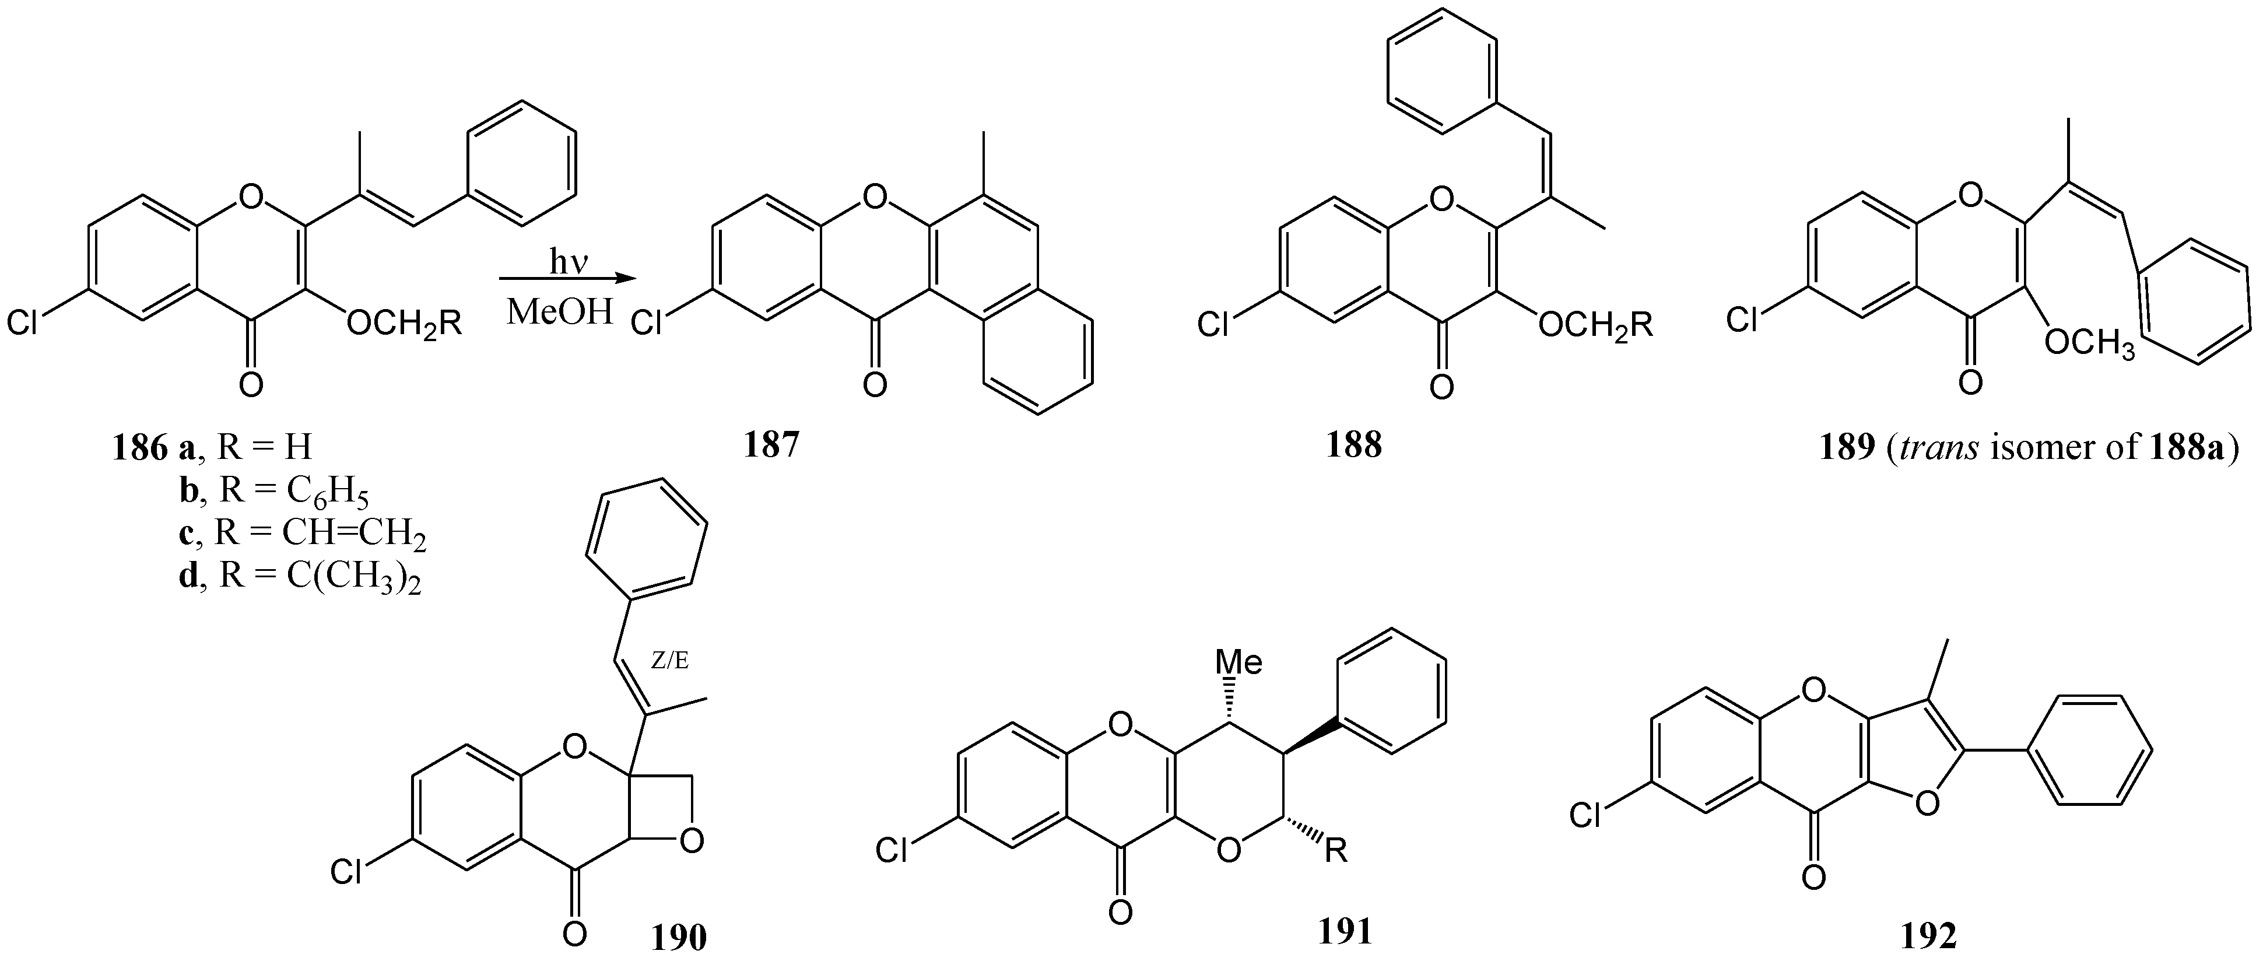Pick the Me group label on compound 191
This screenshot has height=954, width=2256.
[1242, 662]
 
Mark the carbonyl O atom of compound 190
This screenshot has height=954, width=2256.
[574, 932]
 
